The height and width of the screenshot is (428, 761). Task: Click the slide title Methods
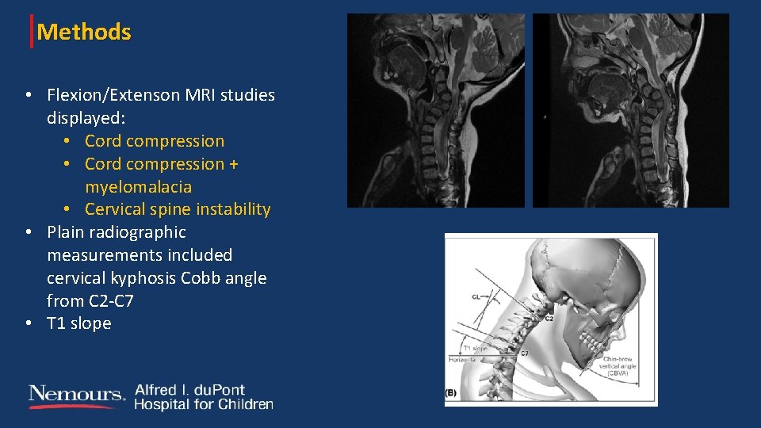coord(84,32)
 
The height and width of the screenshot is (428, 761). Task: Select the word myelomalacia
coord(138,187)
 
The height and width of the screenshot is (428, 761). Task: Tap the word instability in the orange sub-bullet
coord(235,209)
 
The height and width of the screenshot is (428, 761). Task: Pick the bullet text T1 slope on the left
coord(78,323)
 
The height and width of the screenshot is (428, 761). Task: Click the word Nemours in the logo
coord(76,394)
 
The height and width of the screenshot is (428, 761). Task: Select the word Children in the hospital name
coord(247,404)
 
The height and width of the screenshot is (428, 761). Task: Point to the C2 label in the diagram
coord(549,317)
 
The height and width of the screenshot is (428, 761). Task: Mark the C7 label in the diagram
coord(524,353)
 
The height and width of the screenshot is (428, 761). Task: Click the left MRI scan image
coord(435,110)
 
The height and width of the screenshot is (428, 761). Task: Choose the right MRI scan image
coord(630,110)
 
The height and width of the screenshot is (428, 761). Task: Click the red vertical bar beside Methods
coord(32,32)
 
